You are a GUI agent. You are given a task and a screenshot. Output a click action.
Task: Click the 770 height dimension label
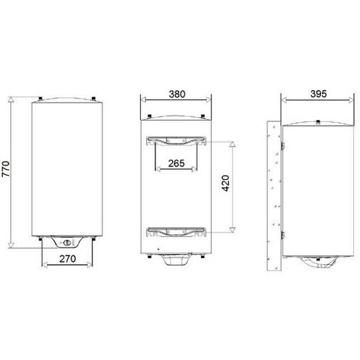[6, 169]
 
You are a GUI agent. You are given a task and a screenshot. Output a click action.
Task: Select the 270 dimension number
[67, 259]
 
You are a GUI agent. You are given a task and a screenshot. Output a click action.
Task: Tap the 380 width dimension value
[177, 94]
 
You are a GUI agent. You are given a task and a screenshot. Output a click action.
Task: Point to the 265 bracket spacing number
[176, 163]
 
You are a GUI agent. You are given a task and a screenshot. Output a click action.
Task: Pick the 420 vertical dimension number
[226, 183]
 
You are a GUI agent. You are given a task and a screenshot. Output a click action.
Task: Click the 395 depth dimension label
[318, 94]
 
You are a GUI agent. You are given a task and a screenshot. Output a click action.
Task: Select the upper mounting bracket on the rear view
[176, 141]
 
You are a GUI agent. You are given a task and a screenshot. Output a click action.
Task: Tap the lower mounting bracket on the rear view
[176, 232]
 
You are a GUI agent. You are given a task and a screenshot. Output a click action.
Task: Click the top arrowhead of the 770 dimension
[11, 99]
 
